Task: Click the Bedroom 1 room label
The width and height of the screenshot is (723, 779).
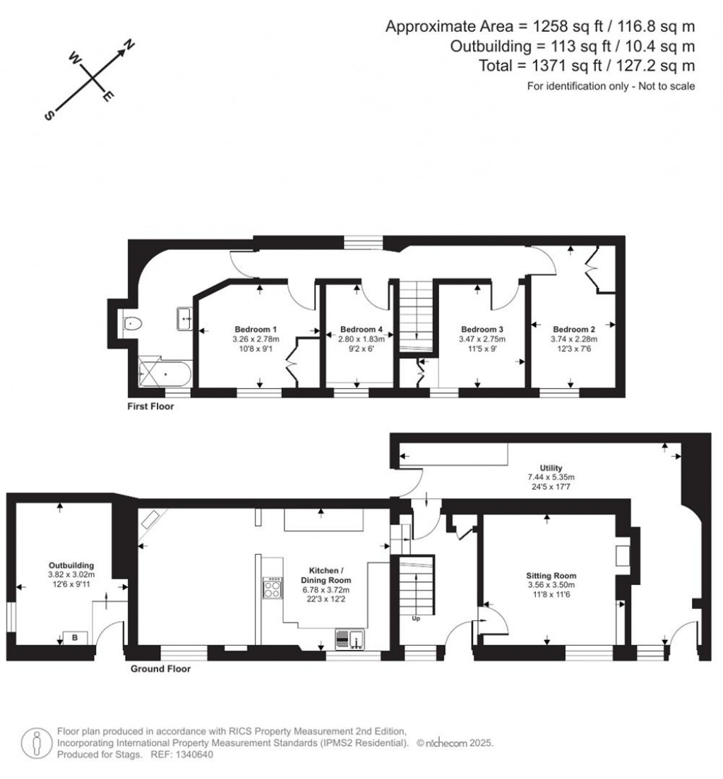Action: point(255,330)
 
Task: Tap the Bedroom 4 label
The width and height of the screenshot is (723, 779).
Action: point(361,330)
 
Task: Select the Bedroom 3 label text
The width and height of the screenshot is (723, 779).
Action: point(482,330)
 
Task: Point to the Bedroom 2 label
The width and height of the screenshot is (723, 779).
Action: point(574,330)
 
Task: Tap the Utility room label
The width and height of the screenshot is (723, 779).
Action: point(551,468)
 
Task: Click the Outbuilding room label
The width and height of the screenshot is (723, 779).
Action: point(71,565)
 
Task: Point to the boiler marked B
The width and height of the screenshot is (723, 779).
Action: point(74,637)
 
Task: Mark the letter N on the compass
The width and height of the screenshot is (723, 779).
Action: point(129,45)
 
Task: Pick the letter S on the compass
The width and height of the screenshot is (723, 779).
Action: point(49,116)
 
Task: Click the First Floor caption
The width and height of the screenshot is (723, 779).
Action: point(150,406)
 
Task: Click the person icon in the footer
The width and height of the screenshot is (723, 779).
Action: point(35,742)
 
